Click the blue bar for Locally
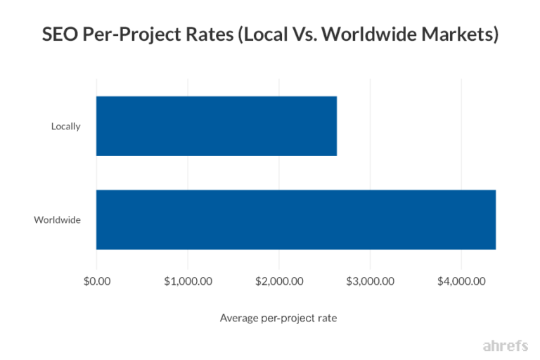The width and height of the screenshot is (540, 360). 217,126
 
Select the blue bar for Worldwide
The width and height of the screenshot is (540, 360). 296,219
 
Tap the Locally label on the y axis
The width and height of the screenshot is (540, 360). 66,127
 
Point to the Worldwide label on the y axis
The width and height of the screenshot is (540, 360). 58,220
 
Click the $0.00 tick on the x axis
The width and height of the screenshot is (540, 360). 96,281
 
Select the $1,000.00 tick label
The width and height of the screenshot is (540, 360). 188,281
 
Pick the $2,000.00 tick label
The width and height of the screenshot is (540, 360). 279,281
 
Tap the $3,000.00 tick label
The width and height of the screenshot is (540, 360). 370,281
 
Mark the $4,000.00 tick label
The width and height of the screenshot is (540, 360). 461,281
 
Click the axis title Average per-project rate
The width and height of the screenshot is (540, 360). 278,319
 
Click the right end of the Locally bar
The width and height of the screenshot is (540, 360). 335,126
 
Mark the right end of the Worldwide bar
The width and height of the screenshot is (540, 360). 494,219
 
